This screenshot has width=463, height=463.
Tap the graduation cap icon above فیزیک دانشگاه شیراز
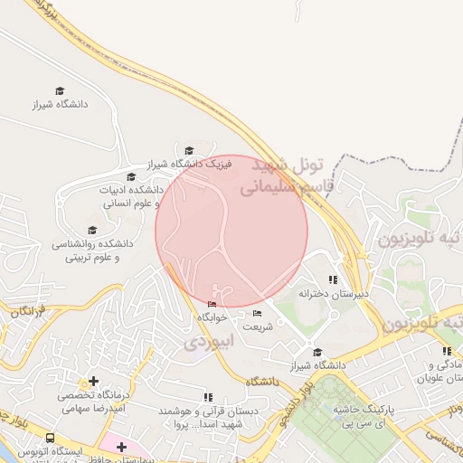coord(189,151)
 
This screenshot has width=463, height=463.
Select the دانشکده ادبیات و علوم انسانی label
coord(130,197)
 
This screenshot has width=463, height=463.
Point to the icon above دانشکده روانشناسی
coord(91,231)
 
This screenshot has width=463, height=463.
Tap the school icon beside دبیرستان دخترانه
coord(333,279)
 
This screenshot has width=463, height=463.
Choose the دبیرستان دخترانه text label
coord(323,293)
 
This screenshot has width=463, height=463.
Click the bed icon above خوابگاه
coord(212,305)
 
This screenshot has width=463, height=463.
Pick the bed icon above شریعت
coord(257,313)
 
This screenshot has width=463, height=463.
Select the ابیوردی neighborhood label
coord(209,342)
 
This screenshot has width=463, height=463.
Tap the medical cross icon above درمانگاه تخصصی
coord(93,382)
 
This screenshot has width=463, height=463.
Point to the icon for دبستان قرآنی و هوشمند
coord(208,397)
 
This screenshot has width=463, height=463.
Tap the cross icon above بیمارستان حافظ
coord(121,447)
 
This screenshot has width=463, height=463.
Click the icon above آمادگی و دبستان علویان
coord(447,351)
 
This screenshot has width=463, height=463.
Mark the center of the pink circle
coord(231,231)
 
